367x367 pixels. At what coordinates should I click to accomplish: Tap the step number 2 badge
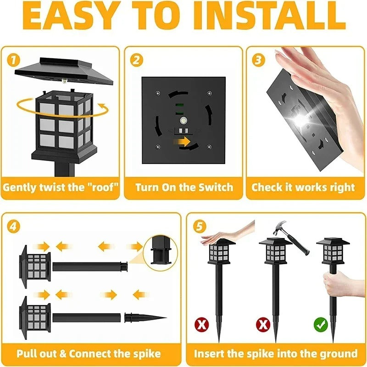(135, 60)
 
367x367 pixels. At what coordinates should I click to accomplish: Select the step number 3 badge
(259, 60)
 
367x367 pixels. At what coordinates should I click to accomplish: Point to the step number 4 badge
(14, 226)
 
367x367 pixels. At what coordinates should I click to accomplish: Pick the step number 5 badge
(198, 226)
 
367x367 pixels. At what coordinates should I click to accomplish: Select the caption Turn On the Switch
(184, 187)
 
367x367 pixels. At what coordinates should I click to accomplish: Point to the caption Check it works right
(303, 187)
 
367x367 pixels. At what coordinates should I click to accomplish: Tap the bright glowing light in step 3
(300, 120)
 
